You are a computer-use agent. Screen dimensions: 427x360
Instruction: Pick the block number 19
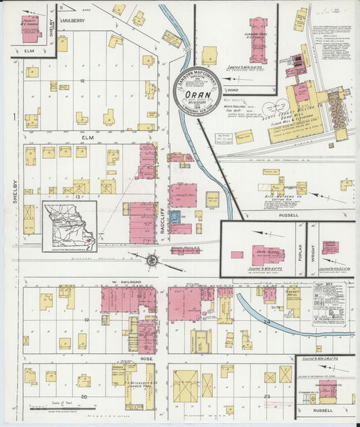(x=87, y=318)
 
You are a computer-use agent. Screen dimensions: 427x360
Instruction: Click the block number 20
(x=84, y=397)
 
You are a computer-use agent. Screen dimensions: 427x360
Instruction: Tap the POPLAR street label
(x=300, y=251)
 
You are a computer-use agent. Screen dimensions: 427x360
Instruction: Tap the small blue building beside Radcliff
(x=174, y=218)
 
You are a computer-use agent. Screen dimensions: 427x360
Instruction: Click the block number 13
(x=79, y=197)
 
